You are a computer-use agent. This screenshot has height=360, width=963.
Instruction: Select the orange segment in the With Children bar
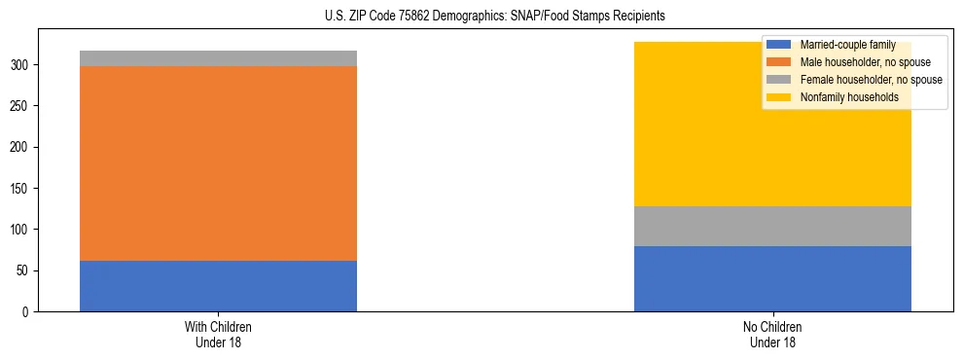[x=218, y=163]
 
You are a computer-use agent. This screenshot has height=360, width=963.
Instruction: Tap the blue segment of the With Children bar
[x=218, y=286]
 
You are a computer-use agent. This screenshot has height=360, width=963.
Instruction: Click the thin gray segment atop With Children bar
[x=218, y=58]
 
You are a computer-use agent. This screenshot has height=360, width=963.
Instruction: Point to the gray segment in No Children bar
[x=772, y=226]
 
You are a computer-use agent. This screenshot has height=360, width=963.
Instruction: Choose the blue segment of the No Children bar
[x=772, y=278]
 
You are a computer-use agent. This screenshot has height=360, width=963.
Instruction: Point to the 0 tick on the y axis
[x=28, y=311]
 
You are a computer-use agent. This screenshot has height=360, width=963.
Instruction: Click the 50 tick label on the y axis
[x=25, y=270]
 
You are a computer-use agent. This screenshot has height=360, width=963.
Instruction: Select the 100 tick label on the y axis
[x=22, y=230]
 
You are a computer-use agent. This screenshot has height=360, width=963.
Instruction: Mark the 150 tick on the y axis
[x=22, y=188]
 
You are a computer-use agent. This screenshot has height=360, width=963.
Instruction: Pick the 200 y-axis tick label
[x=22, y=147]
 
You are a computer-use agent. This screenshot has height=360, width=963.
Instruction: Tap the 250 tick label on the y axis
[x=22, y=106]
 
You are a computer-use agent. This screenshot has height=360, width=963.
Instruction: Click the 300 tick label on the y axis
[x=22, y=65]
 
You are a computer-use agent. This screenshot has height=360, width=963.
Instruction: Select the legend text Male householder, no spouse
[x=865, y=62]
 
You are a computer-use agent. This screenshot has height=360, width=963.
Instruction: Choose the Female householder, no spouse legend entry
[x=871, y=80]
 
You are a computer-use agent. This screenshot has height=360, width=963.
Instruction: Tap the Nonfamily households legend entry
[x=848, y=97]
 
